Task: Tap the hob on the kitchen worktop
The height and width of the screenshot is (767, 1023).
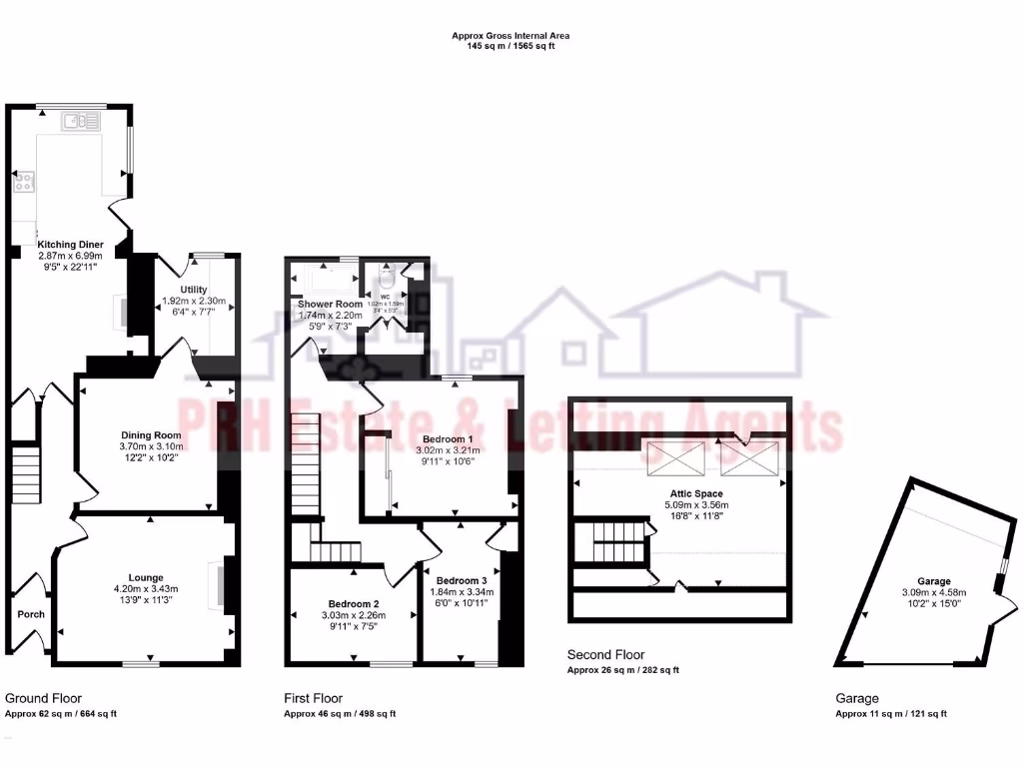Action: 24,182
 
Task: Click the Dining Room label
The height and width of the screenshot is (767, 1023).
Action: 151,435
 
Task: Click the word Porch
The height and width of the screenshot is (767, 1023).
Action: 31,614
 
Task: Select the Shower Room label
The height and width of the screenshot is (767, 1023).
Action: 329,304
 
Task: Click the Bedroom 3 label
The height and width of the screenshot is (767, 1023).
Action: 461,580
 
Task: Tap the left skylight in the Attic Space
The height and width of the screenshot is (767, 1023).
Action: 674,458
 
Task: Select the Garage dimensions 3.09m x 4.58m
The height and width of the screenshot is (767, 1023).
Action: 934,594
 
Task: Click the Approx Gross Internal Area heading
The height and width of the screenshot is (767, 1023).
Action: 511,36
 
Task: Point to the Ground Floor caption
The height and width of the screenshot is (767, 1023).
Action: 43,698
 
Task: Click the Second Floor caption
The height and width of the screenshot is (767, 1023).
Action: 605,654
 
